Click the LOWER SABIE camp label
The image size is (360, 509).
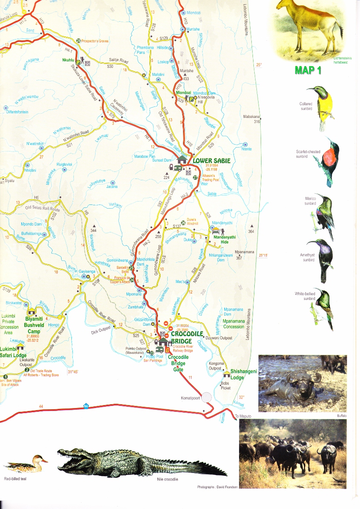(x=211, y=161)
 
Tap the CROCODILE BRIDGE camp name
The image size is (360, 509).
(x=187, y=337)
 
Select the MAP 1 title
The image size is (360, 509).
(x=308, y=70)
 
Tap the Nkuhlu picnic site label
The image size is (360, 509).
(x=68, y=60)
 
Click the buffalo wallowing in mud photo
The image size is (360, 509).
(x=302, y=383)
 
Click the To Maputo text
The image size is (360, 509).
(x=243, y=417)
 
